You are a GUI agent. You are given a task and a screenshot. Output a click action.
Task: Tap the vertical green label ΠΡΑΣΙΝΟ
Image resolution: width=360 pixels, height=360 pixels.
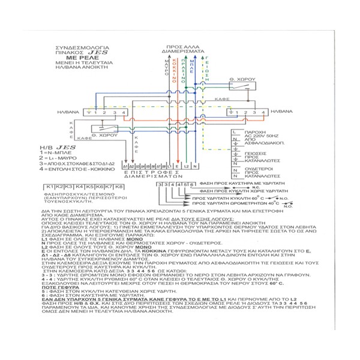click(184, 67)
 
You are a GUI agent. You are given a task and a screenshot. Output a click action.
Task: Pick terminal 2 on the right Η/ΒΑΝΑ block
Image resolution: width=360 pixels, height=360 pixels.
click(244, 112)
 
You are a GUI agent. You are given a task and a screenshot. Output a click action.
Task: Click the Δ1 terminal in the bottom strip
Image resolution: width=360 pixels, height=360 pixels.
click(124, 166)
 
